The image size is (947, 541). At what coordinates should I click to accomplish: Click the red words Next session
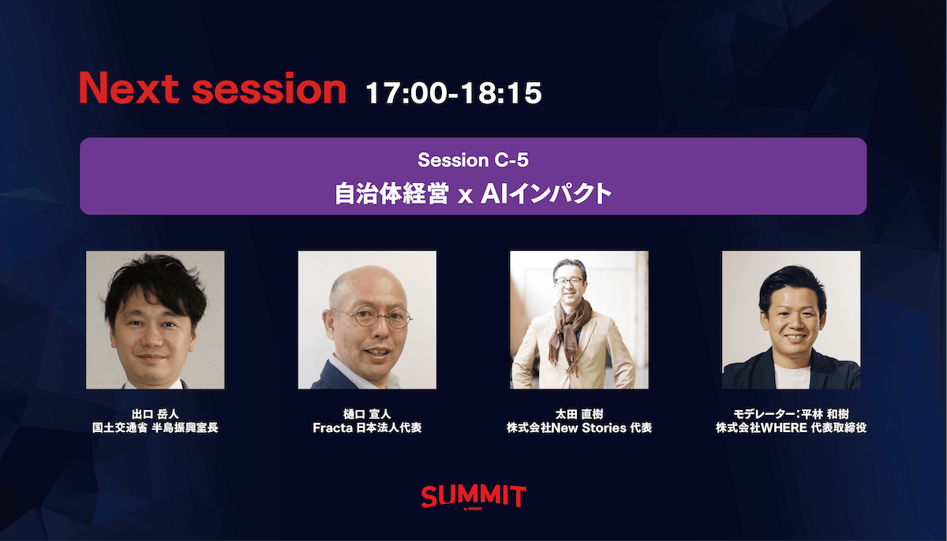tap(212, 88)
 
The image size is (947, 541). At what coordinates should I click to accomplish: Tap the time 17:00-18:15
tap(454, 93)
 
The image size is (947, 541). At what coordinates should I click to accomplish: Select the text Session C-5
tap(473, 160)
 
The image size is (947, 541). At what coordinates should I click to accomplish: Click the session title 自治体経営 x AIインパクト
tap(473, 194)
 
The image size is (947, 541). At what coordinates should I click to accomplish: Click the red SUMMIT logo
tap(473, 497)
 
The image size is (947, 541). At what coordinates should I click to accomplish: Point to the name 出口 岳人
tap(155, 414)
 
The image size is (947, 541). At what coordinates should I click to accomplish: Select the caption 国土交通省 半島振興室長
tap(155, 427)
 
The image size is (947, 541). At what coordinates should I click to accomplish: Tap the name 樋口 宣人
tap(367, 414)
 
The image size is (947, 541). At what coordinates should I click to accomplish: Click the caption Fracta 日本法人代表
tap(367, 427)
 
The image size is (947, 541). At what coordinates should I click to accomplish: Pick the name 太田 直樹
tap(579, 414)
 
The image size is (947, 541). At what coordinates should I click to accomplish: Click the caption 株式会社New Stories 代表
tap(579, 427)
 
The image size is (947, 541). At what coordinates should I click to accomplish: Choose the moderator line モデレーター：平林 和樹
tap(791, 414)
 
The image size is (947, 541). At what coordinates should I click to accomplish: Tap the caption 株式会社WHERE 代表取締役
tap(791, 427)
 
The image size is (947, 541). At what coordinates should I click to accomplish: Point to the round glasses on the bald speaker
tap(372, 318)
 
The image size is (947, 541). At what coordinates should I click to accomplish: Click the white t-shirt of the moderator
tap(792, 376)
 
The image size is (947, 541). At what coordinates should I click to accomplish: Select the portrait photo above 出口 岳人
tap(155, 319)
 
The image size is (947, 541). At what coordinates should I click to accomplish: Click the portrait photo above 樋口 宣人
tap(367, 319)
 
